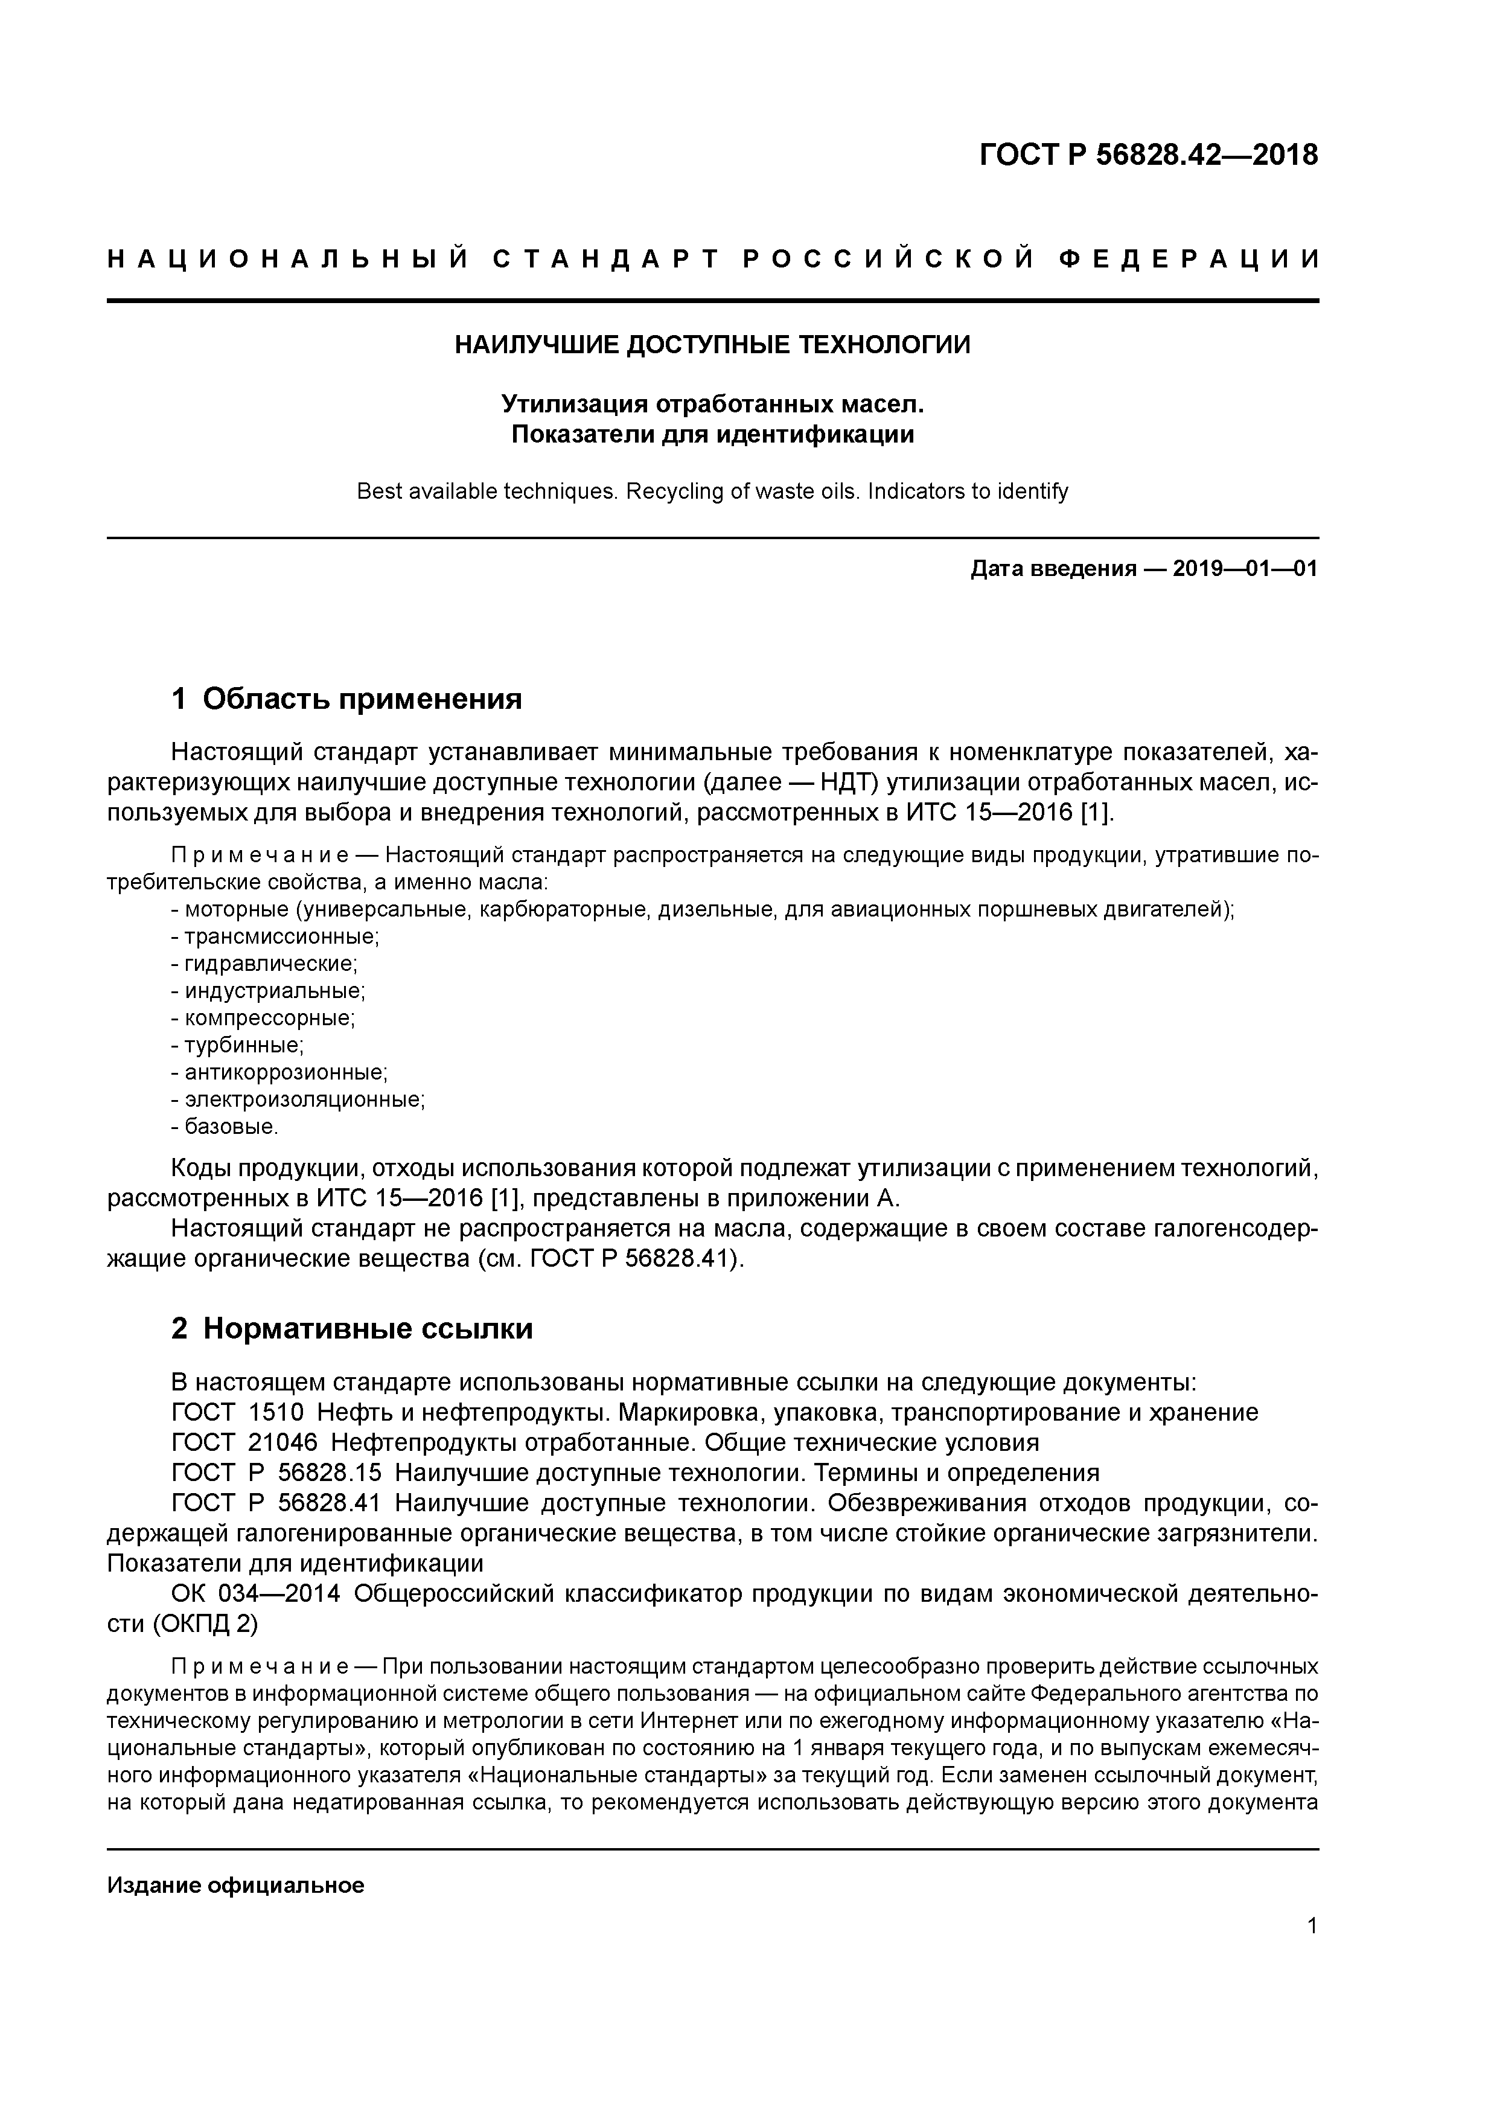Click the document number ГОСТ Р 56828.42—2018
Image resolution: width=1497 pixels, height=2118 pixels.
tap(1148, 155)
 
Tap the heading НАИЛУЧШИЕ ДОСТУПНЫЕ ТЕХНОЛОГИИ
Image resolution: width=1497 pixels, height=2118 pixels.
tap(713, 345)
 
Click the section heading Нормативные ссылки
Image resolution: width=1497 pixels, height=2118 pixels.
tap(367, 1328)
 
